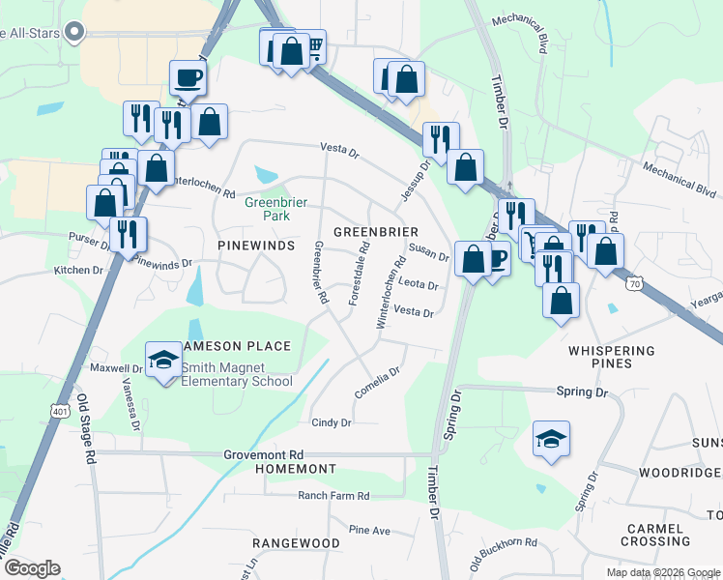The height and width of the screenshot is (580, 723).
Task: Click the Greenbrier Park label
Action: [x=267, y=209]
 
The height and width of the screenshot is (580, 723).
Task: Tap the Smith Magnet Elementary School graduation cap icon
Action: [x=163, y=362]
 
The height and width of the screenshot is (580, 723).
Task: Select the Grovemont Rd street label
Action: [x=264, y=454]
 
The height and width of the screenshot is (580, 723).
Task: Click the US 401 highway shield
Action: [x=59, y=412]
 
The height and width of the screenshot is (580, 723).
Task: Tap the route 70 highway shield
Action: [x=634, y=284]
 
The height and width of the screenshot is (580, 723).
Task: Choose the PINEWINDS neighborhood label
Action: [x=256, y=246]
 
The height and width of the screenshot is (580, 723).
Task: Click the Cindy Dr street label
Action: [x=332, y=422]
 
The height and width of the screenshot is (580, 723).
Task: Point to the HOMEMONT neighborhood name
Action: [x=295, y=469]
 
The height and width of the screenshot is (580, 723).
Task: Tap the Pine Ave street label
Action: [x=369, y=531]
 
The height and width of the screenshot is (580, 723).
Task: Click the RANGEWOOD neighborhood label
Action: [x=296, y=543]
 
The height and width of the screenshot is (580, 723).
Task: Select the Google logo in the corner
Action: [x=32, y=568]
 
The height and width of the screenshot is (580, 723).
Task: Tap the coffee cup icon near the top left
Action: [x=188, y=77]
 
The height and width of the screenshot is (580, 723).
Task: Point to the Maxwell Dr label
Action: [x=116, y=368]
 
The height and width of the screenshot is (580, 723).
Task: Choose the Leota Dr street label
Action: [x=419, y=285]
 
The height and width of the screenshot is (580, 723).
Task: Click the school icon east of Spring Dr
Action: [x=551, y=439]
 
